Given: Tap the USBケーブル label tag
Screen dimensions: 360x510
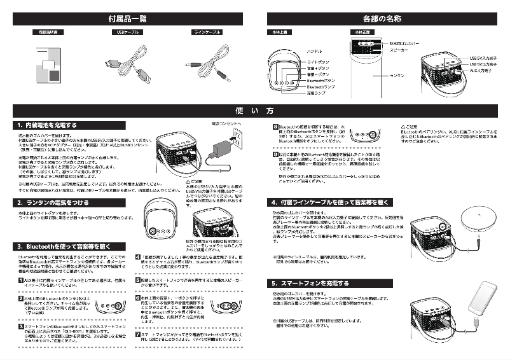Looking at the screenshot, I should [127, 32].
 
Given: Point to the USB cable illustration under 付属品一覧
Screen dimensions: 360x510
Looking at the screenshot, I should [127, 64].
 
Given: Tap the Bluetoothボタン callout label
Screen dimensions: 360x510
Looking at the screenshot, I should [320, 81].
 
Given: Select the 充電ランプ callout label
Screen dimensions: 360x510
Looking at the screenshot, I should [316, 93].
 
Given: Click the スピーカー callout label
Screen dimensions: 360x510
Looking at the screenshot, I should [399, 49].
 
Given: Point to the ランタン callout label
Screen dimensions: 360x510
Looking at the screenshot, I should [396, 75].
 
